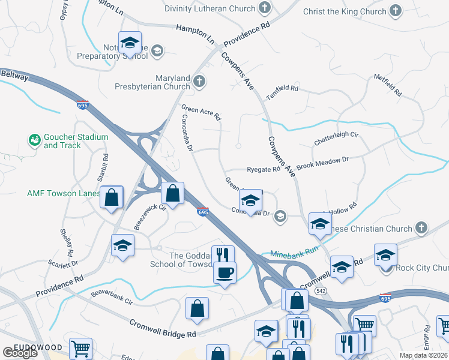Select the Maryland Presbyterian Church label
point(155,83)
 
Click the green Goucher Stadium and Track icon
point(35,140)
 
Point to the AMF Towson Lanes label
point(63,194)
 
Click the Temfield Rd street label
point(282,88)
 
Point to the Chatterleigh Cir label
point(336,139)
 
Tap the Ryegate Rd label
point(264,170)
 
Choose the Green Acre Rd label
point(201,112)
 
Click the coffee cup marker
point(225,272)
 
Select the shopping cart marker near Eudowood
point(80,348)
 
